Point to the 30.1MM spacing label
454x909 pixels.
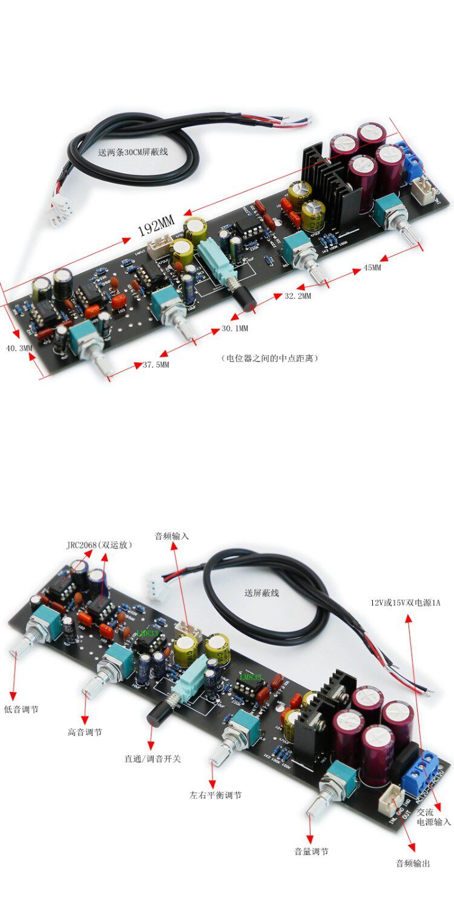point(234,328)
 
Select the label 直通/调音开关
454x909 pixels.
point(153,758)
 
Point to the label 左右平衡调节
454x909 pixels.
point(215,794)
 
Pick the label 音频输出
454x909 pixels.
point(413,864)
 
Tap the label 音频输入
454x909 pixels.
point(172,536)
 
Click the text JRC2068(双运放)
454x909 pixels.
point(99,545)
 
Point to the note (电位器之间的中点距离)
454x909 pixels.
point(269,358)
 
